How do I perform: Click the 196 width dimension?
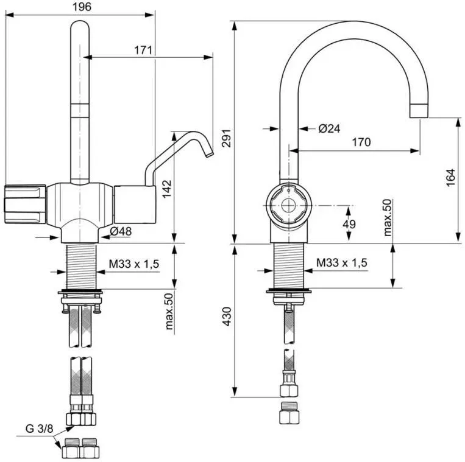82,7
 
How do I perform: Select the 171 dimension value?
143,51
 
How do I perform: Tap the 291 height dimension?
227,138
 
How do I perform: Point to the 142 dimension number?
166,189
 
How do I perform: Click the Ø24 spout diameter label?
329,128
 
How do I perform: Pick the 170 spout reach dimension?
361,142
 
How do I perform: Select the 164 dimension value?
450,177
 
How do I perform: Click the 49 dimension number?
349,224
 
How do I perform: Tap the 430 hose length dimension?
227,317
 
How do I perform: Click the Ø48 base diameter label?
121,231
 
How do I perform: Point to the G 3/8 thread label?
39,429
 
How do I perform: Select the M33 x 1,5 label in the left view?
134,264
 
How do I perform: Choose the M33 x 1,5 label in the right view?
342,262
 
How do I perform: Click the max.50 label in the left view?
169,311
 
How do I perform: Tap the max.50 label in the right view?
387,218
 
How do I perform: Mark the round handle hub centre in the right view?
288,206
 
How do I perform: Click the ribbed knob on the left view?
25,204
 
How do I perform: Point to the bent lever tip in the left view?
209,154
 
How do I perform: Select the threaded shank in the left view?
81,266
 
